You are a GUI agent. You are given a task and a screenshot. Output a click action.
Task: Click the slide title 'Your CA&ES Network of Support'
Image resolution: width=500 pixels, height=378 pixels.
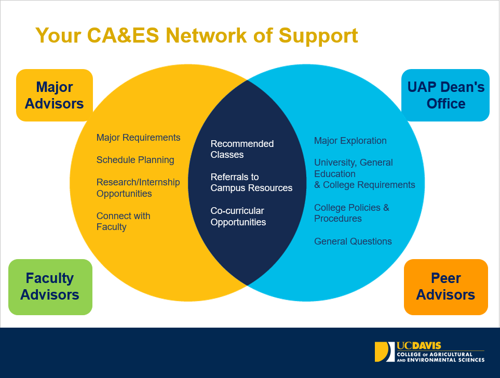[x=196, y=36]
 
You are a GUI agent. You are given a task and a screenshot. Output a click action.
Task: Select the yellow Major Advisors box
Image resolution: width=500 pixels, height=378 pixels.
[x=55, y=95]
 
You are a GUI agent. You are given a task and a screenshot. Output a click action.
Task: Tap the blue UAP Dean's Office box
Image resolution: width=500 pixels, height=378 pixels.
[x=445, y=95]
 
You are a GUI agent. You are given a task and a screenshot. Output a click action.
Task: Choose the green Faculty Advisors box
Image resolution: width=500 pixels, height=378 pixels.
[x=50, y=287]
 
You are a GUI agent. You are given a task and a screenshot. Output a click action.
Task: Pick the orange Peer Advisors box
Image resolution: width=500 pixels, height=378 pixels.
[x=445, y=287]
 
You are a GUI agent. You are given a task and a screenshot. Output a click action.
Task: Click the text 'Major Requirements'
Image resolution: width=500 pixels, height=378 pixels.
[x=138, y=138]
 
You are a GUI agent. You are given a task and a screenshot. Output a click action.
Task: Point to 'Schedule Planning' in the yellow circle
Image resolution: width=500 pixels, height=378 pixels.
[x=135, y=160]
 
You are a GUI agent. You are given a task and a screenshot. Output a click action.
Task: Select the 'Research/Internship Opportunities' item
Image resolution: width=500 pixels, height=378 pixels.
[x=138, y=188]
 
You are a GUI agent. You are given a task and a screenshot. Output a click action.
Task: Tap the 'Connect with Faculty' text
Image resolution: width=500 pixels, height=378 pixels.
[x=123, y=221]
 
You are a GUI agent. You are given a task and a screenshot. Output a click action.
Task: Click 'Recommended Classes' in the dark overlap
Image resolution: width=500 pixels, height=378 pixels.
[x=242, y=149]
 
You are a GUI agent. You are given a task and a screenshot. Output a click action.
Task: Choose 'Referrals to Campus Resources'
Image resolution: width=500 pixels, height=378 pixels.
[x=251, y=182]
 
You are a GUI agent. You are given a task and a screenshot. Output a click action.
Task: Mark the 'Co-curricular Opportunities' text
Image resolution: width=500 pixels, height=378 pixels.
[x=238, y=217]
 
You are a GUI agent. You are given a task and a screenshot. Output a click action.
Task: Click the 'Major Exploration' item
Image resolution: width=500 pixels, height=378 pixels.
[x=350, y=141]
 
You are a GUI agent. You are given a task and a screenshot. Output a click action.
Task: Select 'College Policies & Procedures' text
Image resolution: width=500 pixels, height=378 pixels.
[x=352, y=213]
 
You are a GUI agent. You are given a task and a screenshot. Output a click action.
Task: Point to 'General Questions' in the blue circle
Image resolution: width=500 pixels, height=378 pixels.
[x=353, y=241]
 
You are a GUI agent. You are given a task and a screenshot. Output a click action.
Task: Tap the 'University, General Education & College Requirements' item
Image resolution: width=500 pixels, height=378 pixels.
[x=364, y=173]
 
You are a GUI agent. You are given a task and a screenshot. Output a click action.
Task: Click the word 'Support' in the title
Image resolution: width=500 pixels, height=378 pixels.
[x=318, y=36]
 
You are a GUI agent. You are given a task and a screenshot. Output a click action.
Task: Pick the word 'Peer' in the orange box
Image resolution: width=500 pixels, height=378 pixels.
[x=446, y=278]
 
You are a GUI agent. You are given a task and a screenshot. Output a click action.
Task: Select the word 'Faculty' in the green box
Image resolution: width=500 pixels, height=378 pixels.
[x=50, y=278]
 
